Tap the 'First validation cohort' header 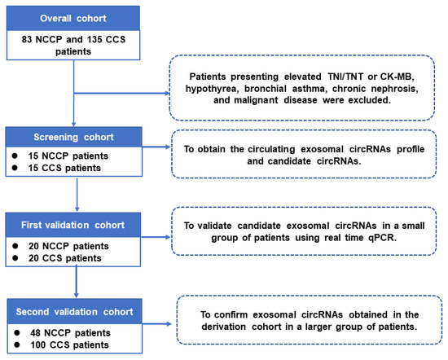pyautogui.click(x=74, y=219)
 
